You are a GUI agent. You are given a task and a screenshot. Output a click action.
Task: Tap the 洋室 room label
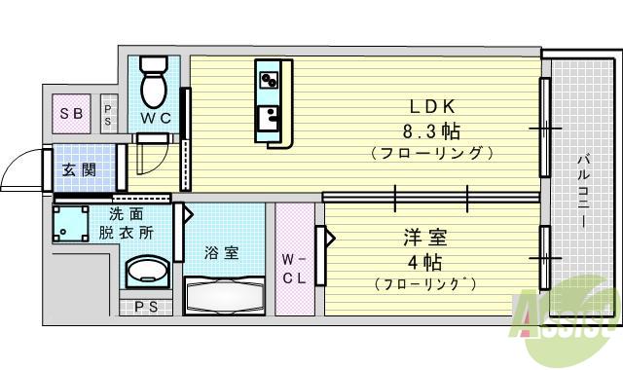tap(424, 237)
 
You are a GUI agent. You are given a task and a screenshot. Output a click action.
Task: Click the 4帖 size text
tap(424, 261)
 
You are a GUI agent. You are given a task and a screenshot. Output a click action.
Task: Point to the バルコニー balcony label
tap(582, 190)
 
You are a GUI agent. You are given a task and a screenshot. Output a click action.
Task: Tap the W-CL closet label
tap(295, 268)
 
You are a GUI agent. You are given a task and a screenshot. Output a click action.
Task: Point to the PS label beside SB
tap(109, 114)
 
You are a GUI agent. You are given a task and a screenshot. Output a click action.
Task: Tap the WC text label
tap(155, 118)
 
